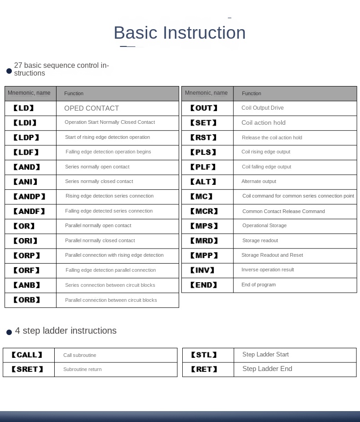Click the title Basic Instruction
180,33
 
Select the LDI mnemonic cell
25,123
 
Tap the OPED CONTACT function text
92,108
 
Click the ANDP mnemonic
30,197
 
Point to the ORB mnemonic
27,300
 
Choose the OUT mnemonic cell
204,108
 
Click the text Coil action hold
263,123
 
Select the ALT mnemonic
203,182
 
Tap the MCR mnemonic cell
204,211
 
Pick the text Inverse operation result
267,270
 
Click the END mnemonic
203,285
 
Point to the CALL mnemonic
27,355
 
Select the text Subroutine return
82,370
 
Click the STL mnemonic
204,355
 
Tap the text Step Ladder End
267,369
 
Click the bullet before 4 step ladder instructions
9,333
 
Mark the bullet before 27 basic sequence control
9,71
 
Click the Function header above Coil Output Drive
252,93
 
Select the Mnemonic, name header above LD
29,93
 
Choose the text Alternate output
259,182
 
